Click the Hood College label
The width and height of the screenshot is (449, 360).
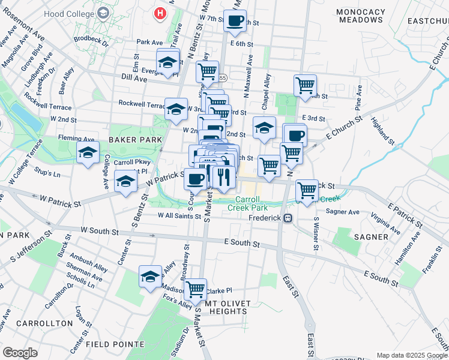pyautogui.click(x=74, y=13)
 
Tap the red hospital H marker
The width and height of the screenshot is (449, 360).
pyautogui.click(x=160, y=13)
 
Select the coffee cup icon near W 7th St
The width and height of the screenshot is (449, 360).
pyautogui.click(x=235, y=21)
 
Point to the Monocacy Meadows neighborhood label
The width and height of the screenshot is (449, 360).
pyautogui.click(x=360, y=16)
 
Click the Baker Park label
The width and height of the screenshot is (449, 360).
pyautogui.click(x=136, y=140)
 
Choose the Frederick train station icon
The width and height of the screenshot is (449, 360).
pyautogui.click(x=288, y=218)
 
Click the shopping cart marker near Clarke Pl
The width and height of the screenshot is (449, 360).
pyautogui.click(x=195, y=289)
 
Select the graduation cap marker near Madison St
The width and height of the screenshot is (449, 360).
pyautogui.click(x=150, y=277)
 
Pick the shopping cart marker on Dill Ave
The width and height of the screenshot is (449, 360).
pyautogui.click(x=207, y=72)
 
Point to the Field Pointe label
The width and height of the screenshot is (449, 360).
pyautogui.click(x=115, y=344)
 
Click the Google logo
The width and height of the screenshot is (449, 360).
pyautogui.click(x=20, y=353)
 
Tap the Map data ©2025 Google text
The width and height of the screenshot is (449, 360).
pyautogui.click(x=412, y=355)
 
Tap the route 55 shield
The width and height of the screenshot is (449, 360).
pyautogui.click(x=223, y=78)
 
